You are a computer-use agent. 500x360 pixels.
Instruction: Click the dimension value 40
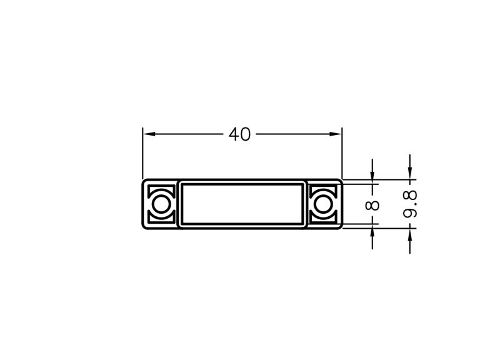(x=240, y=134)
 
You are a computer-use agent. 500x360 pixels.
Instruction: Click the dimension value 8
(x=372, y=206)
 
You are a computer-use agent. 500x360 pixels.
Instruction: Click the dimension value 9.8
(x=410, y=204)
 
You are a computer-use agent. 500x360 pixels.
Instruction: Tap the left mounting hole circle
(x=161, y=204)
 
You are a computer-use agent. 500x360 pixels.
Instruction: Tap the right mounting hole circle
(x=323, y=204)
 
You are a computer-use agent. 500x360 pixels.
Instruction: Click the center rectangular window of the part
(x=242, y=204)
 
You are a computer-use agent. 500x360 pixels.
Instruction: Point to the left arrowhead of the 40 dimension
(x=149, y=134)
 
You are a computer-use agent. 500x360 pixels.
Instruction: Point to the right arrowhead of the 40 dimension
(x=336, y=134)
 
